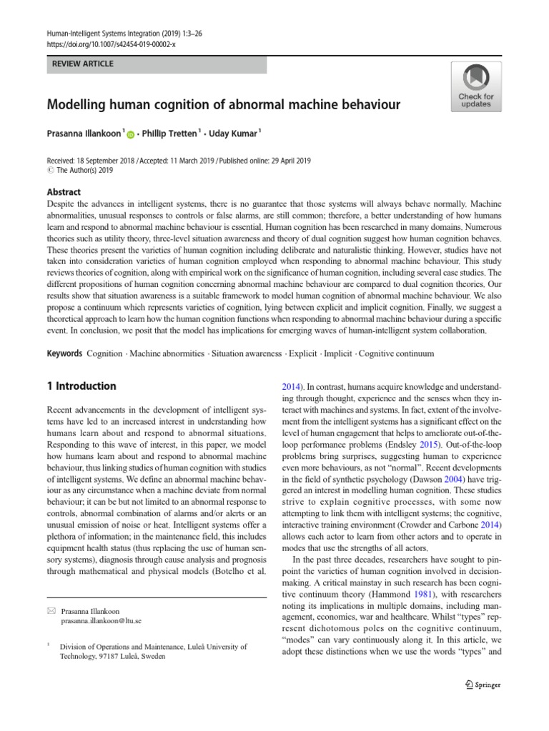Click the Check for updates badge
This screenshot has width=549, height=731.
click(475, 86)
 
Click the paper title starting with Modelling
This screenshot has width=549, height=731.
click(223, 105)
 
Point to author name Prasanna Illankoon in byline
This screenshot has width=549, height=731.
click(84, 132)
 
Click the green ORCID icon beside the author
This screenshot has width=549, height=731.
click(130, 133)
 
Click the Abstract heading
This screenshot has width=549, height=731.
click(64, 192)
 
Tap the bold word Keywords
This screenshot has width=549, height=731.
click(64, 353)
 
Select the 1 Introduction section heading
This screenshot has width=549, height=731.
click(81, 386)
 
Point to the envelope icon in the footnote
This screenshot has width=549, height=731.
click(50, 612)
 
